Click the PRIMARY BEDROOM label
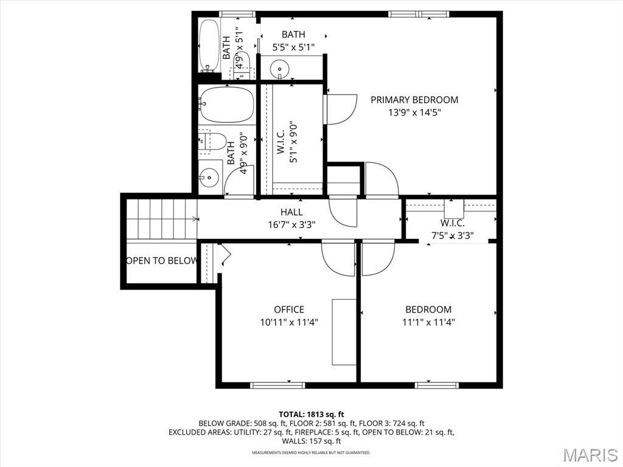point(414,100)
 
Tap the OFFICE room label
point(289,310)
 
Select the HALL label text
point(291,212)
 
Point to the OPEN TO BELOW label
point(162,261)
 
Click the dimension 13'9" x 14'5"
point(414,112)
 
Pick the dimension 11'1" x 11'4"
point(429,323)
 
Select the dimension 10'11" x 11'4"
point(289,323)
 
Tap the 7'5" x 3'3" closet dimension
point(452,236)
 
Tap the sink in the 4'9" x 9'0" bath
point(209,178)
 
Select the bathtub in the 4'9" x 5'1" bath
point(209,46)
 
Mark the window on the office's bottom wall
point(269,385)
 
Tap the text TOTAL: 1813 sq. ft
point(311,414)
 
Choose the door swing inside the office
point(338,258)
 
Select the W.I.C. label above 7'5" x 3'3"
point(452,223)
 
